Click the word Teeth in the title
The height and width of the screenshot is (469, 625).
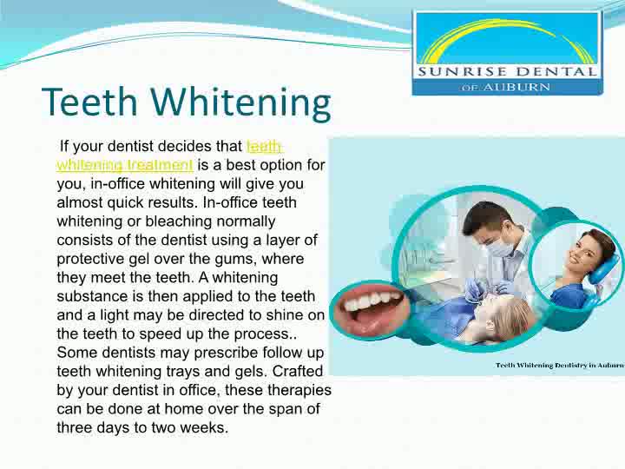(89, 102)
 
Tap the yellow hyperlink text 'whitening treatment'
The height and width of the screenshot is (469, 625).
(125, 165)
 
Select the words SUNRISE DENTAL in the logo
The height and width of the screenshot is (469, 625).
(508, 72)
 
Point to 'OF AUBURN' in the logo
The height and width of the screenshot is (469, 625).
(506, 87)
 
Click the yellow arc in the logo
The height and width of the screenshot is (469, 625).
(505, 35)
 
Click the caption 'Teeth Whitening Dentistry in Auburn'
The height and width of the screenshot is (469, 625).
(560, 365)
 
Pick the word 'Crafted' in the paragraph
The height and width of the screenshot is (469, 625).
(298, 371)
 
